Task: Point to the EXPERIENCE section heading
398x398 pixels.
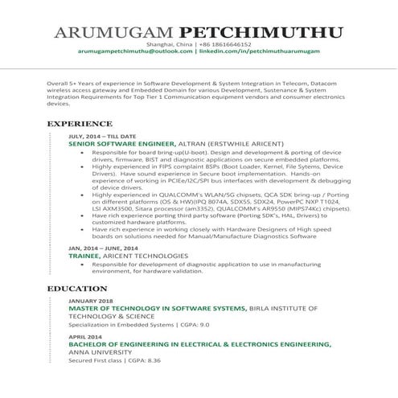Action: coord(79,124)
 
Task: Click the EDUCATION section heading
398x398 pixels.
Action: coord(77,287)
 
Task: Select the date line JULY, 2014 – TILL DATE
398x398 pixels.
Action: coord(102,137)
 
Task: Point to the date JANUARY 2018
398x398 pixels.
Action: coord(90,301)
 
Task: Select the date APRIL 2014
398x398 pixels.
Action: coord(84,336)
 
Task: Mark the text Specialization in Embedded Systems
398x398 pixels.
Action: coord(121,325)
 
